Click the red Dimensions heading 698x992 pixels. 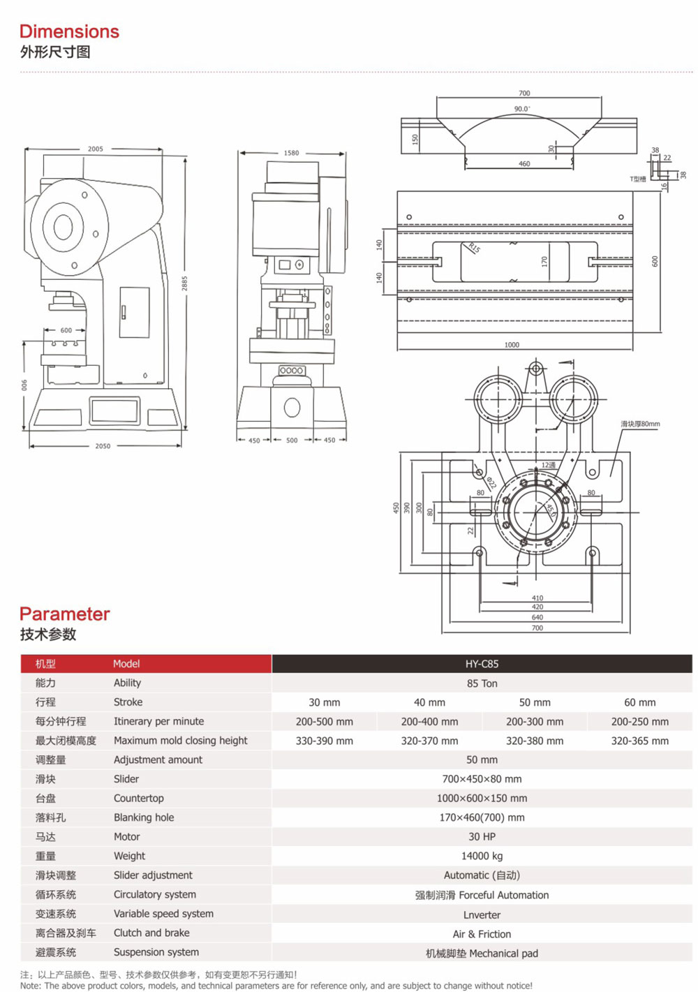69,31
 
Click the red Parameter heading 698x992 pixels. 64,614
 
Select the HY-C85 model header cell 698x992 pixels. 482,664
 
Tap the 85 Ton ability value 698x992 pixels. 482,683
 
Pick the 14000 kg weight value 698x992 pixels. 482,856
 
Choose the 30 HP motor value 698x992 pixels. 482,836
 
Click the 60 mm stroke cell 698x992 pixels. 639,702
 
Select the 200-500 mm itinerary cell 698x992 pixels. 324,722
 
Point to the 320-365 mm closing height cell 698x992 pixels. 639,741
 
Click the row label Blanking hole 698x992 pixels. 144,817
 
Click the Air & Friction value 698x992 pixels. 482,934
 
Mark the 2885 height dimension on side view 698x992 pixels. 185,283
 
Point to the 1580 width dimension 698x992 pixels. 291,153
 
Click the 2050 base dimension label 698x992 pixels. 103,446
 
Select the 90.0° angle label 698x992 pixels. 522,109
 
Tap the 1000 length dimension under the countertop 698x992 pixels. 512,345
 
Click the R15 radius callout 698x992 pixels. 475,248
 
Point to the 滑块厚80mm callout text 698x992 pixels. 640,424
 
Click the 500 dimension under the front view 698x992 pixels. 292,441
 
